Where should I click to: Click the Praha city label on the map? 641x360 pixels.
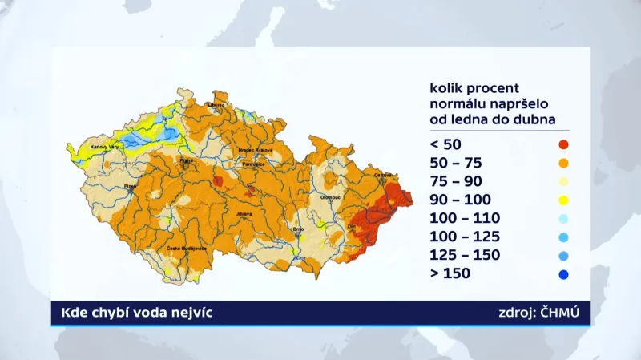pos(187,160)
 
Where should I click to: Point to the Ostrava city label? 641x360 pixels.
pos(384,175)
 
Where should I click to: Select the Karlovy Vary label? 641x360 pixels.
pos(104,147)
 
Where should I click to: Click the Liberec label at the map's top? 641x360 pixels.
pos(216,104)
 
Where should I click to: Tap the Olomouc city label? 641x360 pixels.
pos(331,196)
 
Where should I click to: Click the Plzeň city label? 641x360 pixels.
pos(131,186)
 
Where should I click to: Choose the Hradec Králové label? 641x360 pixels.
pos(256,150)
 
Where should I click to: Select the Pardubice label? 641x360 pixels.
pos(254,163)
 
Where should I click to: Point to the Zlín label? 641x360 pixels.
pos(352,228)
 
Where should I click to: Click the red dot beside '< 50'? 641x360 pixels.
pos(564,144)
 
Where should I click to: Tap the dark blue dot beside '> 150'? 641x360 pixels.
pos(564,274)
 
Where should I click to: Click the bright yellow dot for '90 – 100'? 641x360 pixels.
pos(564,200)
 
